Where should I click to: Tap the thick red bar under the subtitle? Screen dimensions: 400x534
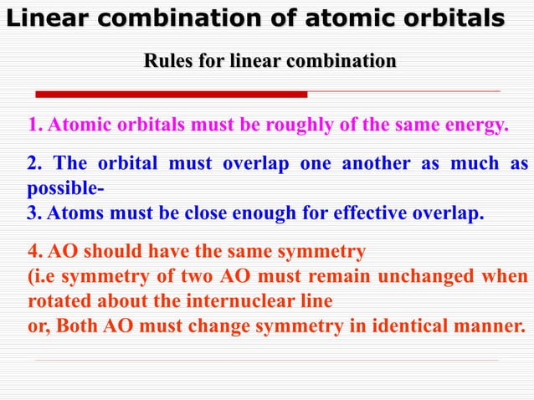coord(171,94)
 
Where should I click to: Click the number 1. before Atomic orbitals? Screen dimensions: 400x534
coord(35,126)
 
